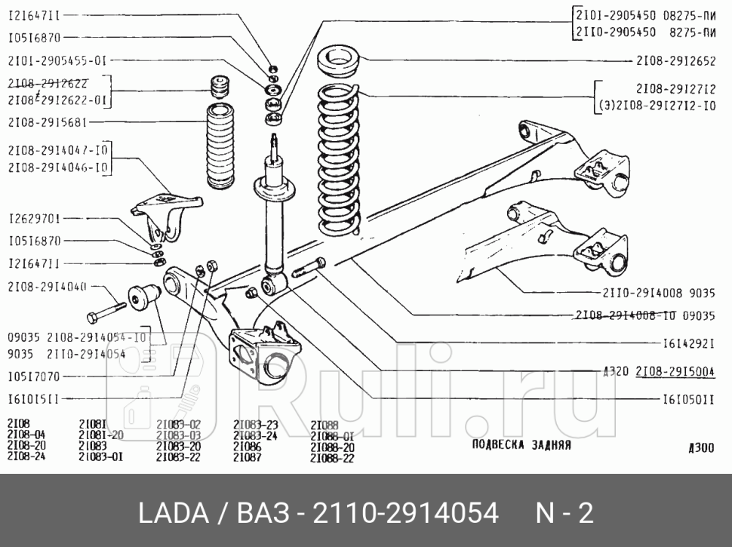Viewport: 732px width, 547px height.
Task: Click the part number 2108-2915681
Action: (x=51, y=121)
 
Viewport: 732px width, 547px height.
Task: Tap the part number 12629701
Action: (x=35, y=219)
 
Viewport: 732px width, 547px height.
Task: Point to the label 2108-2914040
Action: (x=47, y=287)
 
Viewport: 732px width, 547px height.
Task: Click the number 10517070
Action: (x=35, y=376)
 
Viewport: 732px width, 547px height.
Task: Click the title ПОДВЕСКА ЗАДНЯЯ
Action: (x=521, y=444)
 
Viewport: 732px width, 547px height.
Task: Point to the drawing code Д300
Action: (x=701, y=448)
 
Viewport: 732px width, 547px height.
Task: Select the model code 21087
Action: (x=247, y=457)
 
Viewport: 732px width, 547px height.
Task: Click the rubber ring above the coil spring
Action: (x=340, y=60)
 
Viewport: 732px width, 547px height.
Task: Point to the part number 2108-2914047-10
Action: (x=59, y=151)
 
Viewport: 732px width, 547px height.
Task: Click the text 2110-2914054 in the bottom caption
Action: (x=404, y=514)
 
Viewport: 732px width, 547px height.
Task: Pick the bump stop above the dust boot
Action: (x=220, y=86)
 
